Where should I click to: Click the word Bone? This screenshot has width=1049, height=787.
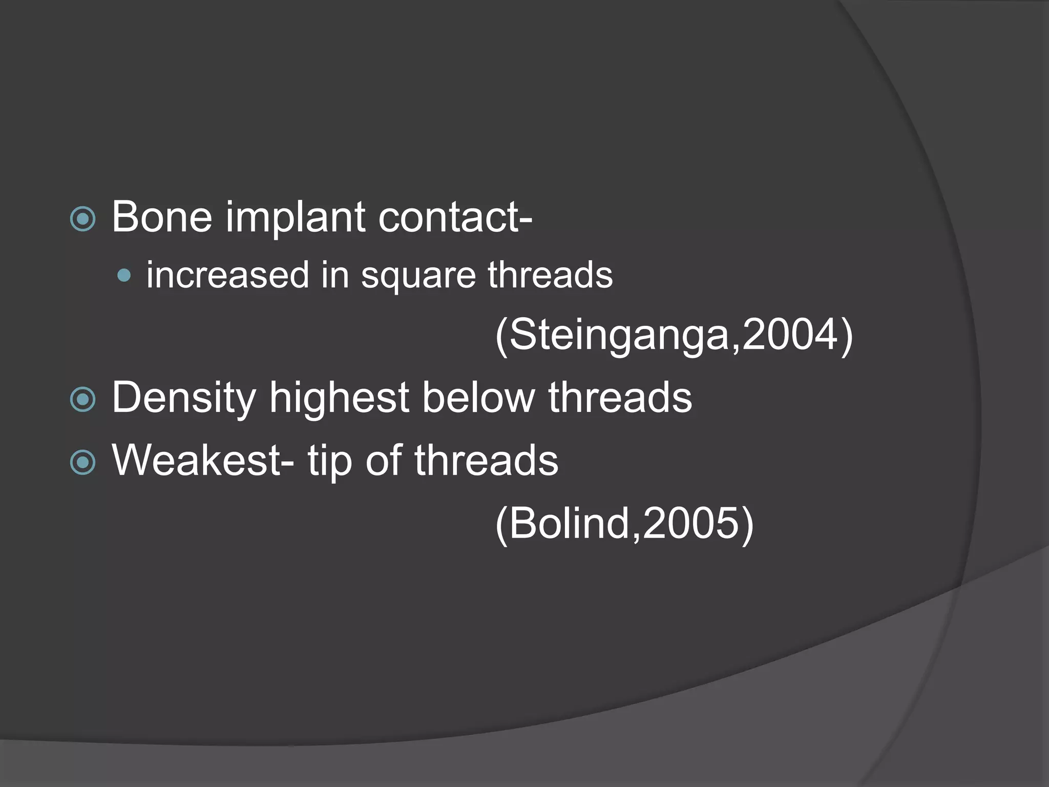[162, 217]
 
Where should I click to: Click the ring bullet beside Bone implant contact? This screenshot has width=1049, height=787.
[83, 219]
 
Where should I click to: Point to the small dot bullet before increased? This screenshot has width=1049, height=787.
[124, 276]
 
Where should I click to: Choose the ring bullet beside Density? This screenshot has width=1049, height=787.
[83, 400]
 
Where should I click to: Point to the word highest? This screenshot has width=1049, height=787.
[339, 399]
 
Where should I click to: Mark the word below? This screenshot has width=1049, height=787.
[478, 398]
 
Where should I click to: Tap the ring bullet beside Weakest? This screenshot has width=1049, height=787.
[83, 463]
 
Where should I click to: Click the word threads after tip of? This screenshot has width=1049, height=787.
[486, 461]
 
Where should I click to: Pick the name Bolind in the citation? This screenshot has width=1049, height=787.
[569, 524]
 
